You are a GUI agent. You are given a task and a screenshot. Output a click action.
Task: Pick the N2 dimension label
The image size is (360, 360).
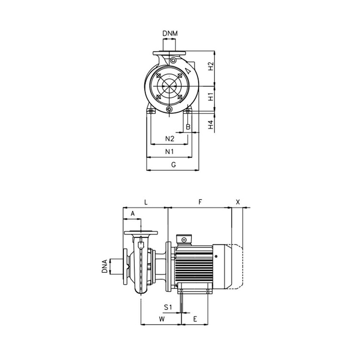point(170,139)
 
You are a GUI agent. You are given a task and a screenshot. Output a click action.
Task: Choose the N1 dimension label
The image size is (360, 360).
point(169,152)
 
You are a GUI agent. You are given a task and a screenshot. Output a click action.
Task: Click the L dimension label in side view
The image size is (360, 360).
point(146,202)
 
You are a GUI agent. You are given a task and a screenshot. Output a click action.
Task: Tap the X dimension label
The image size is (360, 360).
point(238,202)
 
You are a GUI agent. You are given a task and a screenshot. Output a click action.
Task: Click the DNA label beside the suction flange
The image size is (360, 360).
point(104,266)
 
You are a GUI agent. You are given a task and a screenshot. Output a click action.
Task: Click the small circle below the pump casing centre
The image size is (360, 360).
point(169,110)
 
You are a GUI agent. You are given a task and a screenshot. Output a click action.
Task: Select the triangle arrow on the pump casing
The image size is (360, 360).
point(188,71)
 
